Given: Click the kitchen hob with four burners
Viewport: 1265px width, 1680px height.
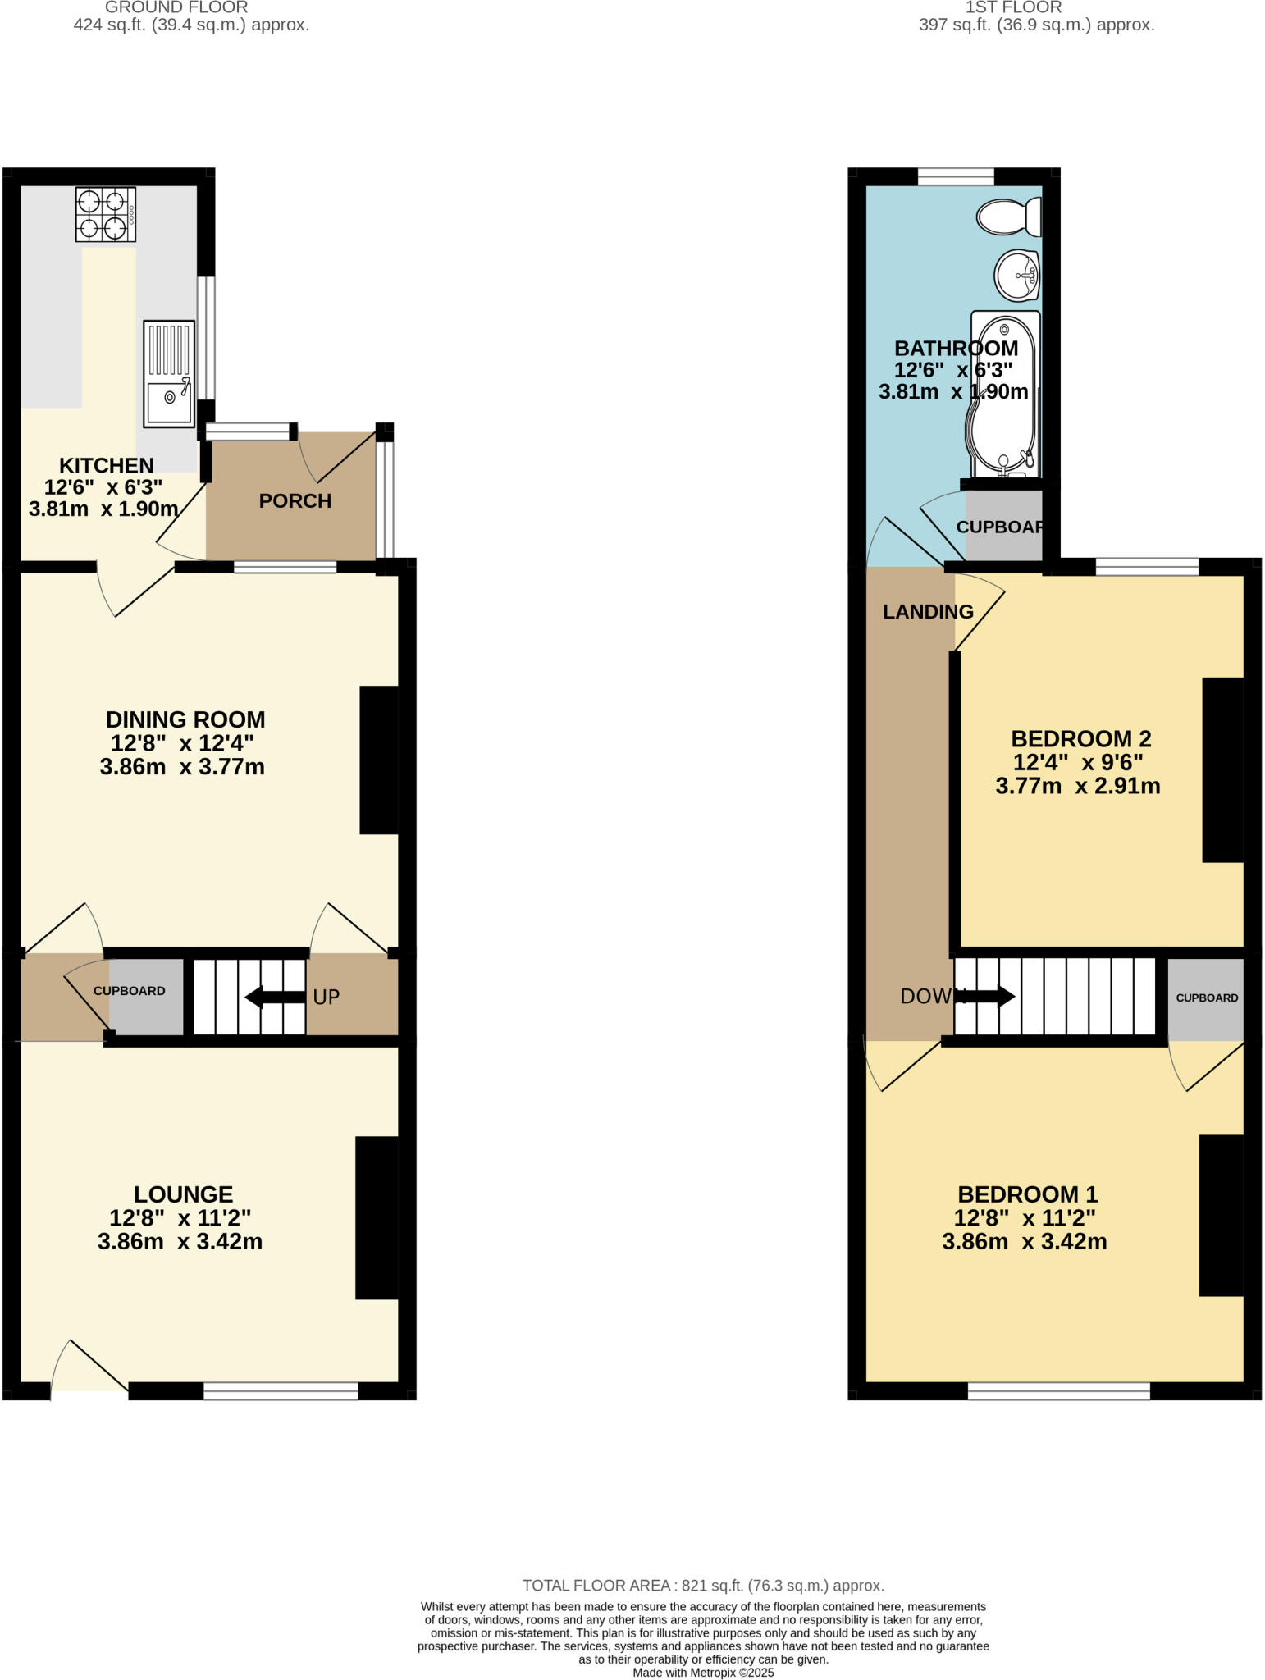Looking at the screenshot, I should [x=106, y=214].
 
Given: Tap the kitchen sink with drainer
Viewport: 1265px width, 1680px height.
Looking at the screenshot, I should [x=169, y=373].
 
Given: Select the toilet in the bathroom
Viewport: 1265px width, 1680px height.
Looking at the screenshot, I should [x=1009, y=217].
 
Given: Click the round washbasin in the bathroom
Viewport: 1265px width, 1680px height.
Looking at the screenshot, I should [x=1017, y=276].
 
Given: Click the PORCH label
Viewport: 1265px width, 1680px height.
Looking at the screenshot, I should [x=295, y=501].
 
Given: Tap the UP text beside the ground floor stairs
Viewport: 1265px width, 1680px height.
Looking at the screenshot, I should [x=326, y=997].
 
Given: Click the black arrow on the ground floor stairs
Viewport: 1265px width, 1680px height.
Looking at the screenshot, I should [x=275, y=997].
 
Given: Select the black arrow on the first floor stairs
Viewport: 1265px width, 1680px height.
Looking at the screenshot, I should [x=991, y=997].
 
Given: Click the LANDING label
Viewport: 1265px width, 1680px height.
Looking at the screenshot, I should [x=928, y=612].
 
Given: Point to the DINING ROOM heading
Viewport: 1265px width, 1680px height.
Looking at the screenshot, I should [x=185, y=720].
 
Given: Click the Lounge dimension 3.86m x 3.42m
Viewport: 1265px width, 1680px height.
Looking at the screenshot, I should [x=180, y=1242].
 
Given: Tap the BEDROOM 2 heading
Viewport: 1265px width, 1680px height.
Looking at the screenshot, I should [x=1080, y=739].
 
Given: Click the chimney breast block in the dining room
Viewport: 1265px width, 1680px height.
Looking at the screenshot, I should [x=379, y=760].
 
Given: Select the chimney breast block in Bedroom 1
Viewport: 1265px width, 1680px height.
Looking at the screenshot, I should [x=1221, y=1215].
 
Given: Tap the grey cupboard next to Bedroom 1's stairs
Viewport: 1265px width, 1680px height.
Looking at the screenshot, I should [x=1206, y=998].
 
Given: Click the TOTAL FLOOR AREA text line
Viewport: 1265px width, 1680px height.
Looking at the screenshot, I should [x=703, y=1586].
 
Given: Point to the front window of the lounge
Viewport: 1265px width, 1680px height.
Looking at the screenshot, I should [x=281, y=1390].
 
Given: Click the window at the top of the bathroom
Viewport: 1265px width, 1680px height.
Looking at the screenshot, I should [x=956, y=176].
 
